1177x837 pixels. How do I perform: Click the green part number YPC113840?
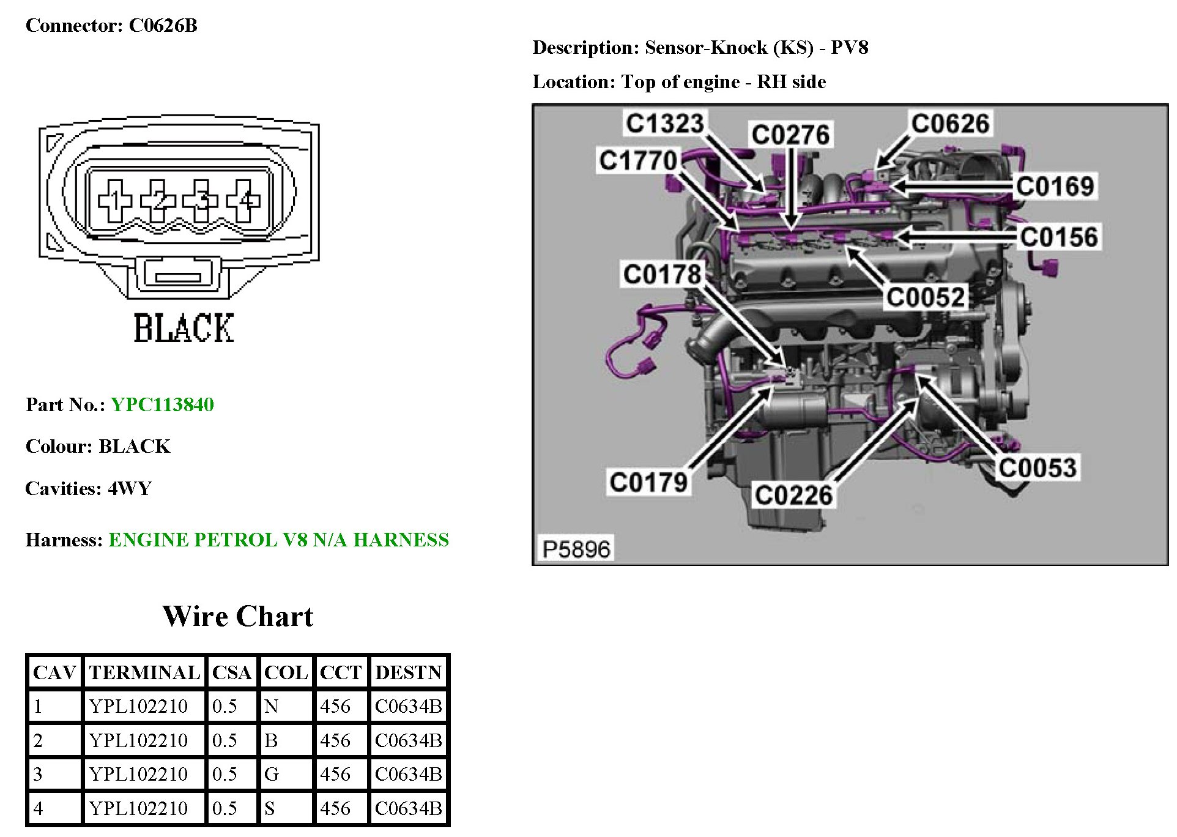click(x=162, y=404)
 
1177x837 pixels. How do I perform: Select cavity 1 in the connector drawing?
click(x=114, y=200)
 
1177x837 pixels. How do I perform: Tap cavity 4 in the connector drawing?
click(x=245, y=200)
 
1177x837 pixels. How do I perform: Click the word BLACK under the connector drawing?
click(x=184, y=328)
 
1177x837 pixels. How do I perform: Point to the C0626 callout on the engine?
click(x=949, y=124)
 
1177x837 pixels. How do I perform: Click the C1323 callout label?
click(x=664, y=123)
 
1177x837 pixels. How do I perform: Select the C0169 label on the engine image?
click(x=1055, y=186)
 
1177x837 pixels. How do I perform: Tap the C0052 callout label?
click(x=926, y=297)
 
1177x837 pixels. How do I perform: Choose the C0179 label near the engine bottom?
click(x=649, y=482)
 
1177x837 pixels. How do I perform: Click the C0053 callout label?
click(x=1038, y=467)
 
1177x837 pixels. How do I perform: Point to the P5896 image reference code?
click(x=576, y=549)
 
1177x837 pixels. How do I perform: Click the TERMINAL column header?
click(x=144, y=672)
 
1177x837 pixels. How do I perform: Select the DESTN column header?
click(x=408, y=672)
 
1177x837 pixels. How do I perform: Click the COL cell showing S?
click(x=270, y=808)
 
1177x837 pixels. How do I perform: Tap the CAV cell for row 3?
click(x=38, y=775)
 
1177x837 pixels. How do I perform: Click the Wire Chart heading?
click(x=237, y=616)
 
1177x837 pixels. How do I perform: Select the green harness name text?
click(x=278, y=540)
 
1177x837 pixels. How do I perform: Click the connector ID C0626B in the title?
click(x=163, y=26)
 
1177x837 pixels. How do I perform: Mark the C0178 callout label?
click(x=662, y=274)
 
